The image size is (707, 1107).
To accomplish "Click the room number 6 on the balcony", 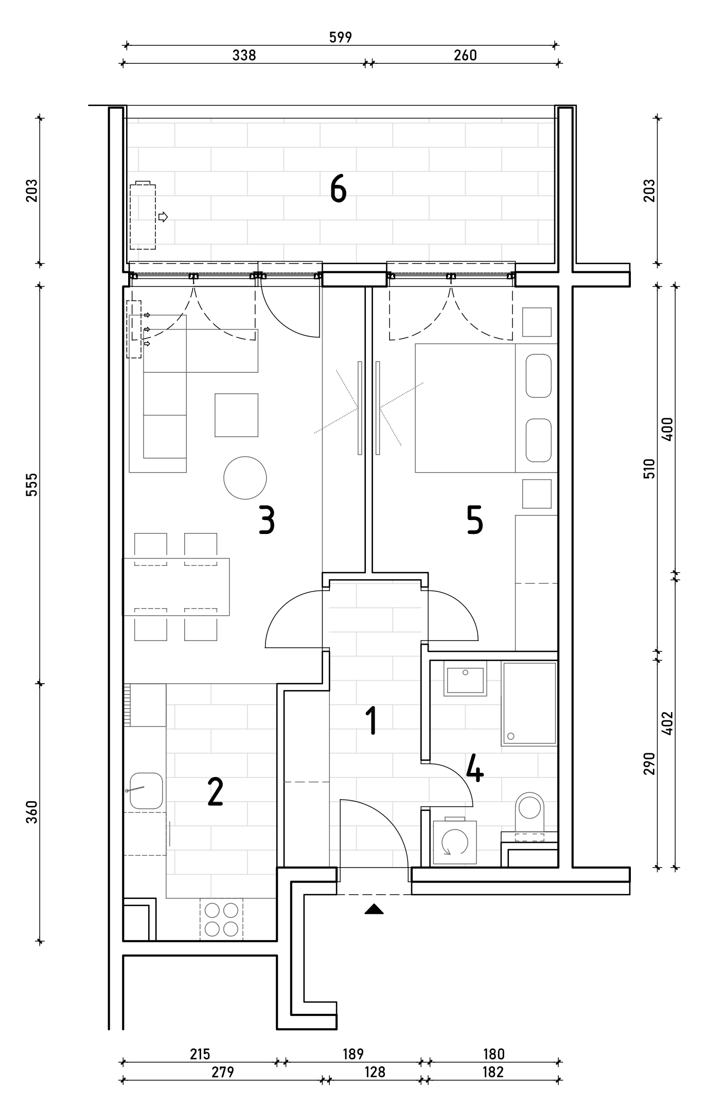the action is click(338, 188).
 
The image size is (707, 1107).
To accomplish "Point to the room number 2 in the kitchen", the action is click(215, 792).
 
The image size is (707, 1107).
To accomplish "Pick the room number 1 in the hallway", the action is click(372, 721).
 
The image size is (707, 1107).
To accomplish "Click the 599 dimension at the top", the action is click(340, 37).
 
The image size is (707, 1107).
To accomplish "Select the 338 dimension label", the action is click(244, 55).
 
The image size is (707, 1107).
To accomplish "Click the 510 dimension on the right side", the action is click(649, 469).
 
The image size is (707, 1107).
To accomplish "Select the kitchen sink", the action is click(146, 790).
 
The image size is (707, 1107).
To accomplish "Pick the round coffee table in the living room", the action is click(245, 478).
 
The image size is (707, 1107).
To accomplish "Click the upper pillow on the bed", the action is click(539, 375).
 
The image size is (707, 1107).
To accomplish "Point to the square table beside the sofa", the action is click(237, 415).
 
